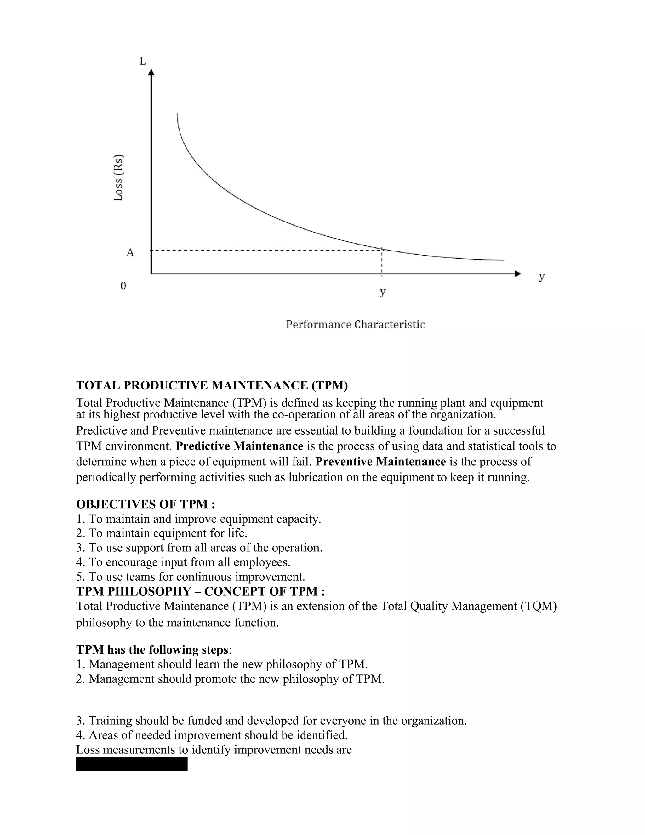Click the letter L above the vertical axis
coord(143,61)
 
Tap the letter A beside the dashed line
coord(130,253)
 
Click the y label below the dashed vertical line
coord(382,292)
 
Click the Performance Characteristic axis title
coord(355,325)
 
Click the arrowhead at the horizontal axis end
coord(518,274)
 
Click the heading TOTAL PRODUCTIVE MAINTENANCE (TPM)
coord(212,385)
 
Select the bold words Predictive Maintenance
coord(240,446)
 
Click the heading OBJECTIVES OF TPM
coord(146,504)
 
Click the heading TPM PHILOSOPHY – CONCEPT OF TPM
coord(201,591)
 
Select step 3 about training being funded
coord(271,721)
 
